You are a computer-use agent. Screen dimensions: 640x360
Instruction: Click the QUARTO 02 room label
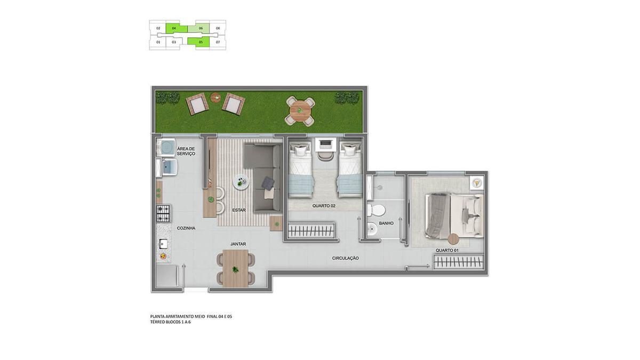(x=323, y=206)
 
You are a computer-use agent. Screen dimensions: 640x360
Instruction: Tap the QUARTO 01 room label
(x=447, y=250)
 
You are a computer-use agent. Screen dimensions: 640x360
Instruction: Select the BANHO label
(x=386, y=223)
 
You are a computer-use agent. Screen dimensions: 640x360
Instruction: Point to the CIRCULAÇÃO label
(x=345, y=258)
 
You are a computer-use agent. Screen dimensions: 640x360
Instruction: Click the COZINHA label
(x=186, y=228)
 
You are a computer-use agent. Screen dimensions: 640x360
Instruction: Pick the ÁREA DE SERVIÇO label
(x=186, y=151)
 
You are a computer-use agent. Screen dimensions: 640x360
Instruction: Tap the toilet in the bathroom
(x=376, y=210)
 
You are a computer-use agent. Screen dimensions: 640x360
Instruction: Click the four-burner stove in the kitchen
(x=163, y=213)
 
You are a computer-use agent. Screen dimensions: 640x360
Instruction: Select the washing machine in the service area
(x=166, y=147)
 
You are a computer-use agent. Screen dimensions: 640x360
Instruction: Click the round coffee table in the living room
(x=241, y=182)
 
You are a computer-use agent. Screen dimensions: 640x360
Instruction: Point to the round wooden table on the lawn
(x=300, y=110)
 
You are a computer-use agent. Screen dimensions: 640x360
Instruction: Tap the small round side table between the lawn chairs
(x=215, y=98)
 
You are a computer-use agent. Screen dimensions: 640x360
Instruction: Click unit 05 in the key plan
(x=201, y=42)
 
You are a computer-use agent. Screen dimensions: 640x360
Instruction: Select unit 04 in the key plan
(x=174, y=28)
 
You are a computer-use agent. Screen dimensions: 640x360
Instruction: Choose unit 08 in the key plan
(x=218, y=28)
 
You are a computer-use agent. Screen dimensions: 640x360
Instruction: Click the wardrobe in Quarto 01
(x=459, y=262)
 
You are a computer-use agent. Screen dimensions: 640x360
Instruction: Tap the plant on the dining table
(x=235, y=269)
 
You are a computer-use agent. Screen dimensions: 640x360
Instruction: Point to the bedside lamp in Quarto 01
(x=476, y=182)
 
